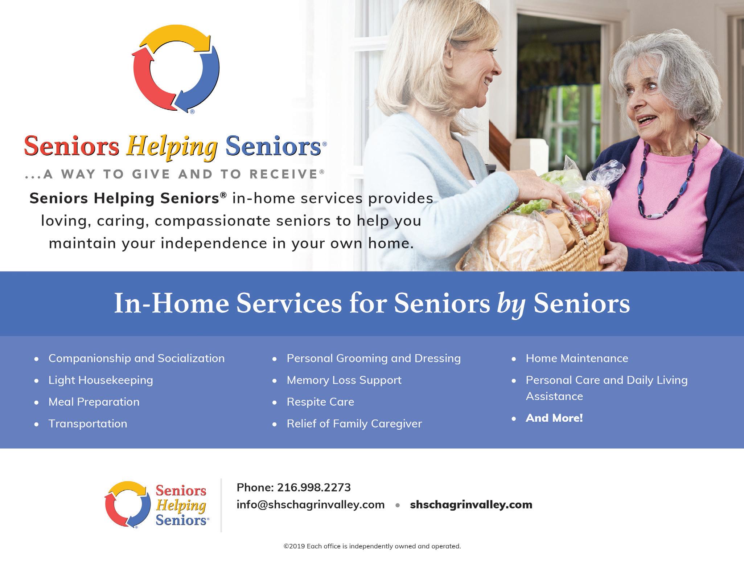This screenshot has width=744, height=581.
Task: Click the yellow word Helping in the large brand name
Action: (x=172, y=147)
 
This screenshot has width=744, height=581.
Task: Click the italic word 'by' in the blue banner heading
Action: (x=511, y=305)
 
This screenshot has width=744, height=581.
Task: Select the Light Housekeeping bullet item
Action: (x=101, y=380)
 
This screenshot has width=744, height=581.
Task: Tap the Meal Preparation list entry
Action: (x=94, y=402)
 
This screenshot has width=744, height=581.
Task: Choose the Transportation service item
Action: (x=88, y=424)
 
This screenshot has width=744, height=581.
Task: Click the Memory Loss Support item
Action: (x=344, y=380)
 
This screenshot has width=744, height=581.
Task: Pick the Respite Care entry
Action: (x=320, y=402)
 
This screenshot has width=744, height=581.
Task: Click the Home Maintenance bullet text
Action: (x=577, y=359)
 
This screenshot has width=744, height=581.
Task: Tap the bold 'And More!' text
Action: (x=554, y=418)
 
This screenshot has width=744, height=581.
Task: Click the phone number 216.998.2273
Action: (x=314, y=487)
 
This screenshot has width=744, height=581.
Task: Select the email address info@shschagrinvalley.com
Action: (x=311, y=505)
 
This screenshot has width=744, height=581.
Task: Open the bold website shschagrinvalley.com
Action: (x=471, y=505)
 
